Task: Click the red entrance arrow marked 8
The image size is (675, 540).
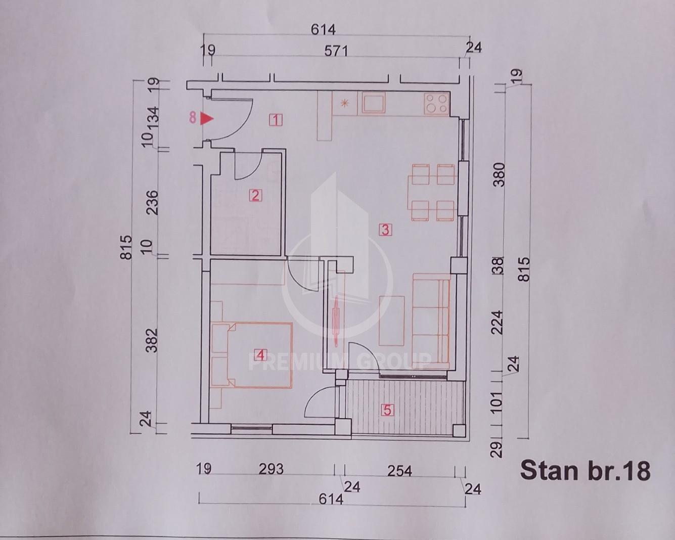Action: pos(207,119)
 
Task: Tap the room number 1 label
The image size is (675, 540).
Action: pos(276,120)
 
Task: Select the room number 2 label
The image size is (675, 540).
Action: pos(255,196)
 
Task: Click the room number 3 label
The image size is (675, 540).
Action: pos(385,230)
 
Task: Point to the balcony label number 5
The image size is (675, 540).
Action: pos(387,410)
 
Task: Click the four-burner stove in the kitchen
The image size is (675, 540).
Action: pos(437,104)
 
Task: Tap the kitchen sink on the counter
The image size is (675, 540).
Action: pos(373,103)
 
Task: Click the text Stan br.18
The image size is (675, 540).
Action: pos(586,471)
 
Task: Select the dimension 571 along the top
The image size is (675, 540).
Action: pos(336,51)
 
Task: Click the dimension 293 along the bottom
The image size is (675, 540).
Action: pos(271,469)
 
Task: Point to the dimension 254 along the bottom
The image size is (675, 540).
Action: pos(399,471)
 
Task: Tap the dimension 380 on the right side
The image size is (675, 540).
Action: pos(499,175)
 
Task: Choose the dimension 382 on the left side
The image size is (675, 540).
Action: pos(152,341)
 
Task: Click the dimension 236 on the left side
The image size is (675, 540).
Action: pos(153,202)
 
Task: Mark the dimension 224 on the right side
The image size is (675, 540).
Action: pos(498,323)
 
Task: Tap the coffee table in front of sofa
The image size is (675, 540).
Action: pos(391,321)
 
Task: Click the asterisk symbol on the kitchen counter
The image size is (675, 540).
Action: pos(345,103)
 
